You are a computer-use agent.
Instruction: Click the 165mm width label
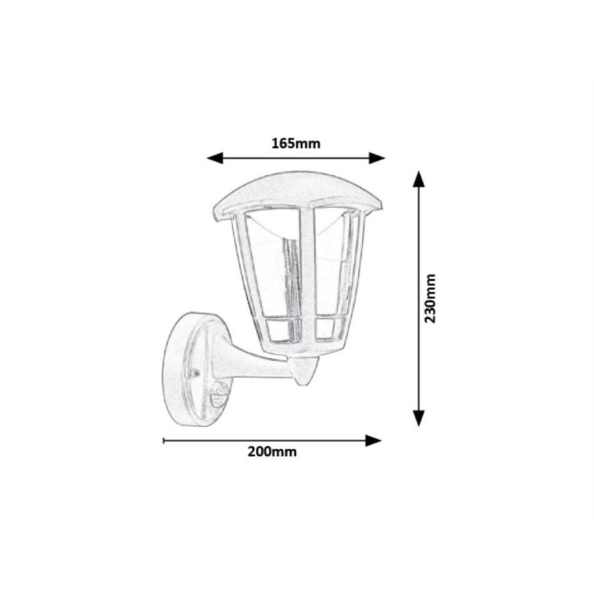[x=296, y=143]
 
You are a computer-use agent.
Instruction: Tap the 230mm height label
[x=430, y=298]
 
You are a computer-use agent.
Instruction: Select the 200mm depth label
[x=272, y=452]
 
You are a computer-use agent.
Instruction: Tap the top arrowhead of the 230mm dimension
[x=419, y=179]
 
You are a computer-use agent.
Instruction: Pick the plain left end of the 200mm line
[x=164, y=441]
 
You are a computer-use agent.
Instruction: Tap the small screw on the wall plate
[x=195, y=373]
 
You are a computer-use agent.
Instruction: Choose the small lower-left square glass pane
[x=280, y=328]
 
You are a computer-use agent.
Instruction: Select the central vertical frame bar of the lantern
[x=306, y=274]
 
